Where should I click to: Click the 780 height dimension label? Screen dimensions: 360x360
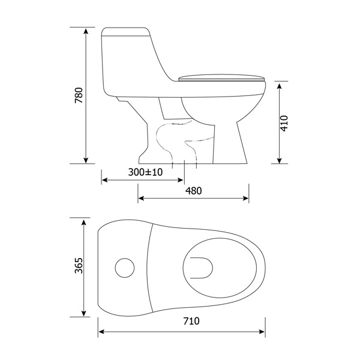(x=79, y=95)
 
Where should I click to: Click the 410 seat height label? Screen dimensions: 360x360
(x=284, y=123)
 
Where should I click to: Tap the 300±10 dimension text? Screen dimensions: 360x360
(x=145, y=172)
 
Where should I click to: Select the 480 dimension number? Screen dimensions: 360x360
(x=194, y=191)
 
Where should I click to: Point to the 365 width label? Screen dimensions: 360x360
(x=79, y=265)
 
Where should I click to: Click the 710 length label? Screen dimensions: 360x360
(x=191, y=321)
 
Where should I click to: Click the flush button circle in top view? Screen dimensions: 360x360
(x=125, y=268)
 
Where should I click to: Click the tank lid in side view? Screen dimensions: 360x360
(x=126, y=32)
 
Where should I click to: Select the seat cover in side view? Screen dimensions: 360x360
(x=222, y=78)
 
